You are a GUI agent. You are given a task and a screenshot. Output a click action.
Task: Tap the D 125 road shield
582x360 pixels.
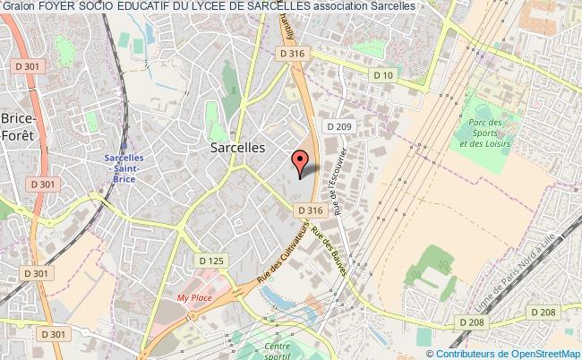click(x=211, y=261)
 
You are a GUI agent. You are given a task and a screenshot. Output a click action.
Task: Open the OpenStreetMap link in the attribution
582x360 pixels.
click(x=546, y=353)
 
